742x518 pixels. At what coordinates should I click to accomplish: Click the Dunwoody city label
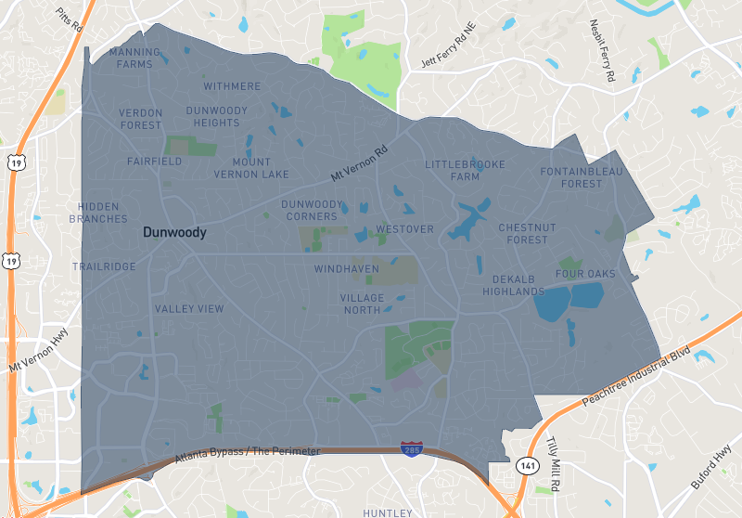[174, 233]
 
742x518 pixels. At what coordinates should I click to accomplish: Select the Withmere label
[232, 86]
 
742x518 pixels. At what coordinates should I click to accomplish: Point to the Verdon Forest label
[141, 119]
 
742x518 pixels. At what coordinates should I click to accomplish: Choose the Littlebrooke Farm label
[466, 170]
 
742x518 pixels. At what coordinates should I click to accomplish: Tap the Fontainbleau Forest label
[582, 177]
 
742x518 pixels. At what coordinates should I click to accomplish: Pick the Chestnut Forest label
[527, 233]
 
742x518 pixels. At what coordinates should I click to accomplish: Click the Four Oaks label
[585, 274]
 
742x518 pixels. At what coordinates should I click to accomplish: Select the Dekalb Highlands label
[513, 285]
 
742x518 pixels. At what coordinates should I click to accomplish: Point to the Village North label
[362, 304]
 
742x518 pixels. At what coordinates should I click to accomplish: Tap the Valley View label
[189, 309]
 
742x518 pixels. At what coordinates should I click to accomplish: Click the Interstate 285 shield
[409, 448]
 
